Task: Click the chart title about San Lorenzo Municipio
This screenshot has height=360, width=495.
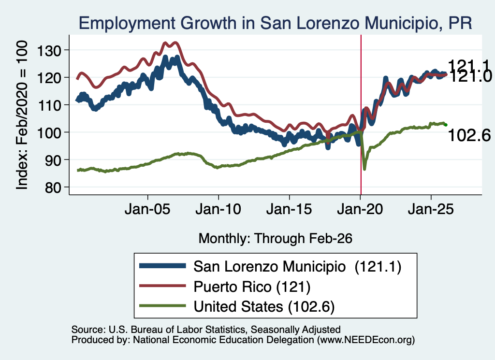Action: [x=275, y=23]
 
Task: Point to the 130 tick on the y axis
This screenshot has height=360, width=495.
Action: [x=49, y=50]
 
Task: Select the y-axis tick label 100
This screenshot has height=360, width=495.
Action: [x=49, y=132]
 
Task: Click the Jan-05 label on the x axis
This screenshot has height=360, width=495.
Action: [x=147, y=209]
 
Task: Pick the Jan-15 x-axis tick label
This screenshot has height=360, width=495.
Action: [x=289, y=209]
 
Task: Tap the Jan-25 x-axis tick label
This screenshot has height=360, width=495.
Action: [x=431, y=209]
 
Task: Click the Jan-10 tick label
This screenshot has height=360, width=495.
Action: [x=218, y=209]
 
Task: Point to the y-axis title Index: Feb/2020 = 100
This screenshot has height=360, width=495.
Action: [x=22, y=115]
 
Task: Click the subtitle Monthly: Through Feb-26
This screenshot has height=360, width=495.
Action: [x=275, y=239]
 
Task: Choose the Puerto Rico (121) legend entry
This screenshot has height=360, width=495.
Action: [x=252, y=287]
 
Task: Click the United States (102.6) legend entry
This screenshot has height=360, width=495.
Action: [x=264, y=307]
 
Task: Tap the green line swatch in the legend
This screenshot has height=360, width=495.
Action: [x=162, y=306]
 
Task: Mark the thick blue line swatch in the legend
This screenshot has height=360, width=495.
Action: [x=162, y=266]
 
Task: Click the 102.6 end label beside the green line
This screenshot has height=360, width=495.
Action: [x=469, y=135]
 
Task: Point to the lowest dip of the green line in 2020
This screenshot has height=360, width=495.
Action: [x=364, y=169]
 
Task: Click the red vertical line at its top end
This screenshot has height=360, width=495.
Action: [x=361, y=35]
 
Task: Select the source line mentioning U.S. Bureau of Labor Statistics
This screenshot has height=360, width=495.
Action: [x=206, y=330]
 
